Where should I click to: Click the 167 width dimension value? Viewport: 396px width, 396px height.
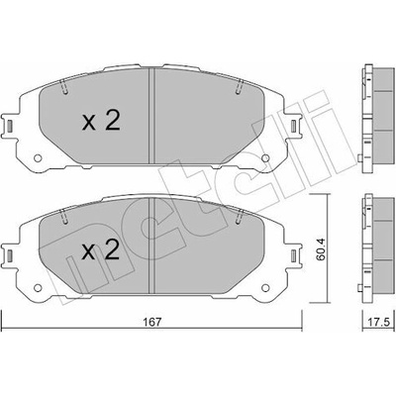point(152,321)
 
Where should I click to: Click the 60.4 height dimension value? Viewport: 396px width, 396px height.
point(320,248)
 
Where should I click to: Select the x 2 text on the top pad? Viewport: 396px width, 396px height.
point(101,121)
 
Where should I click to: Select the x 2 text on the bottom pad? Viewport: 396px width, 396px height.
point(101,250)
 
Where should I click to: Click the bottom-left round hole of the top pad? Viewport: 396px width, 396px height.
point(39,158)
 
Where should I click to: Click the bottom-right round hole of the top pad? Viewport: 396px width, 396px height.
point(265,158)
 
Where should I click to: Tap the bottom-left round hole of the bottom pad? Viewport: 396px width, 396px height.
point(39,288)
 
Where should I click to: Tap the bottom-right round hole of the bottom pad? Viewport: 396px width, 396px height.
point(265,287)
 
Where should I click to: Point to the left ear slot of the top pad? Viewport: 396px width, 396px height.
point(10,126)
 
